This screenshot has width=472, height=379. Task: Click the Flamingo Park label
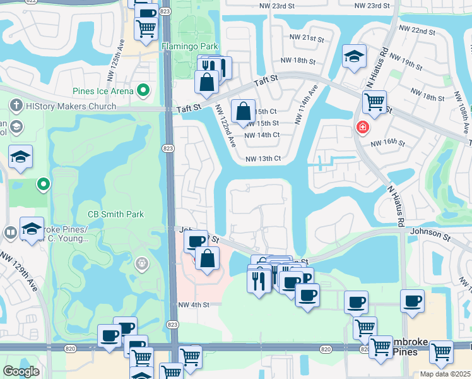point(190,46)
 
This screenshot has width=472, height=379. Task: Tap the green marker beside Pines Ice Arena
point(144,91)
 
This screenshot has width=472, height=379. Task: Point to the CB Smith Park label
point(115,214)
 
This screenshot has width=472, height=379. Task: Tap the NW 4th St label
point(193,304)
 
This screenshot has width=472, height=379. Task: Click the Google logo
point(21,371)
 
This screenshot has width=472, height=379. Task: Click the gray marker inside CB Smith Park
point(142,262)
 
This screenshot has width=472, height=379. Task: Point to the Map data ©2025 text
point(445,374)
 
